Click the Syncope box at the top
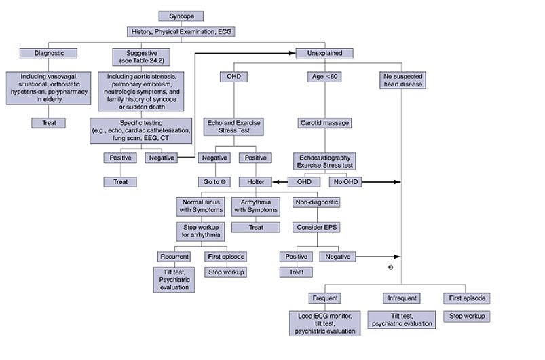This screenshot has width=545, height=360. [x=181, y=16]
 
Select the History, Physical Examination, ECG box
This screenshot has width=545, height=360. [x=181, y=31]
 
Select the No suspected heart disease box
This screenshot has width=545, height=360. [x=401, y=81]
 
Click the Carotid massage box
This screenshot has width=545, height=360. [x=324, y=124]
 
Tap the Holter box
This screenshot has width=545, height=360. [x=255, y=182]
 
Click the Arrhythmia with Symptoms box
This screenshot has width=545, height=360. [x=255, y=206]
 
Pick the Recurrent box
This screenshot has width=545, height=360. [x=174, y=257]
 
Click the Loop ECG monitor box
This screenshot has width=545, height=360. [x=326, y=323]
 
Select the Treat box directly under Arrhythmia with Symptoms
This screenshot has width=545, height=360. [x=255, y=228]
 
